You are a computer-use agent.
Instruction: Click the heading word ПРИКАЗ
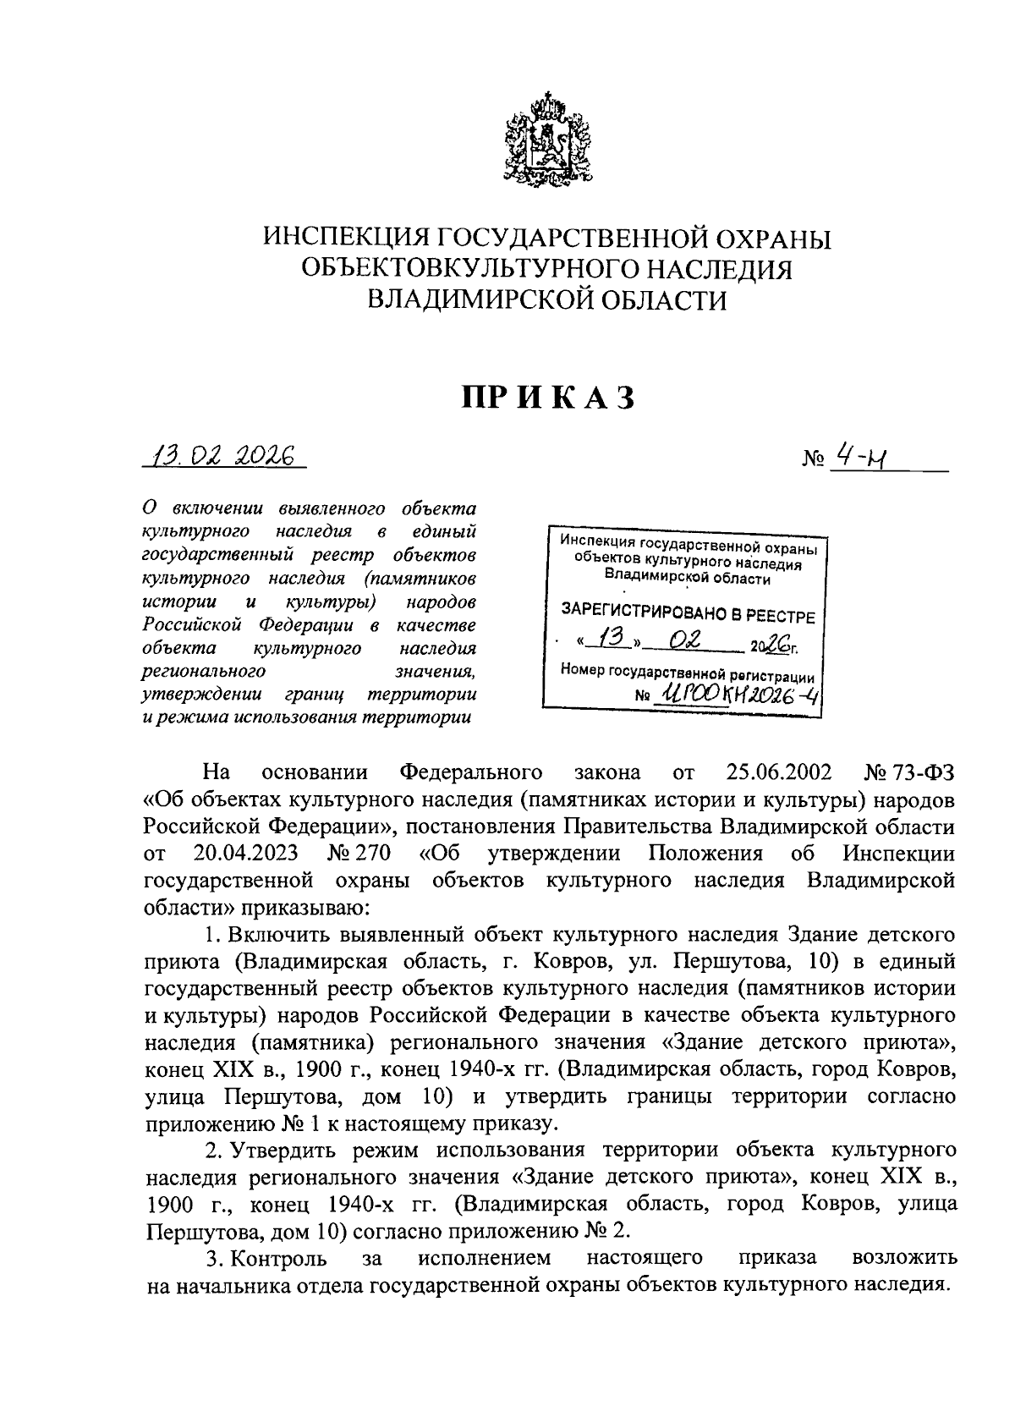click(547, 398)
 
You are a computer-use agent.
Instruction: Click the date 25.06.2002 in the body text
click(778, 772)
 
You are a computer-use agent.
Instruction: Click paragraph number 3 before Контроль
click(211, 1258)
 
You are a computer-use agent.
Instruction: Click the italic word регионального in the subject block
click(203, 672)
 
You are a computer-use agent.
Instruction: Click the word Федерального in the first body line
click(469, 772)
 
